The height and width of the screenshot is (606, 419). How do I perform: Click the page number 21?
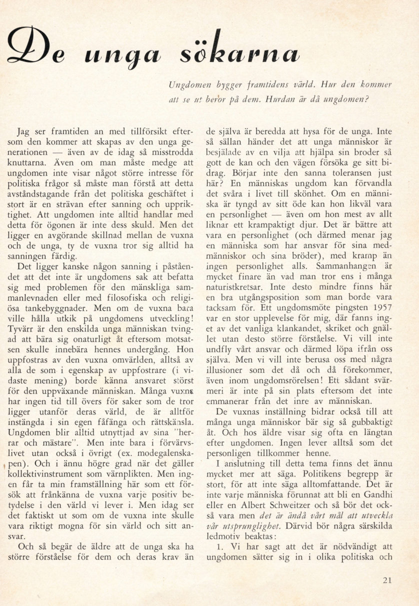coord(387,580)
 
